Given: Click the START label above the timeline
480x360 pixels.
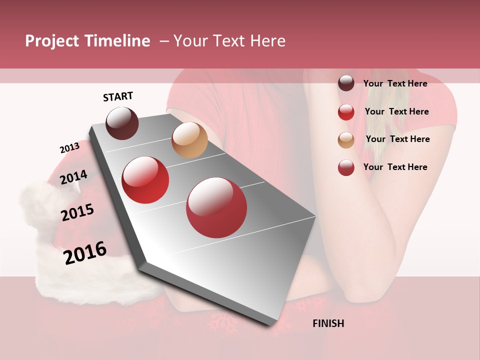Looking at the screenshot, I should pos(118,96).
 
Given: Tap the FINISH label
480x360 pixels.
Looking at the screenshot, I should pos(328,323).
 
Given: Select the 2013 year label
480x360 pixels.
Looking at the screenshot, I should pos(69,148).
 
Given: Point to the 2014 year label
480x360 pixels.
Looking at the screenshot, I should pos(74,177).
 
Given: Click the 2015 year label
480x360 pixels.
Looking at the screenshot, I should pos(77,212).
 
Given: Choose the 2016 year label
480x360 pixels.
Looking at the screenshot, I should pos(85,252).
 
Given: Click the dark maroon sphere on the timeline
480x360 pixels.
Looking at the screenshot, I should pos(122,123).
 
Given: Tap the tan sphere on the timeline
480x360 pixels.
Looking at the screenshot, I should pos(189,140).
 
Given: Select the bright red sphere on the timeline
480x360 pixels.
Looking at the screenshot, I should pos(145,180).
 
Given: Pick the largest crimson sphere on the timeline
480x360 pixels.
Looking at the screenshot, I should pos(216,207).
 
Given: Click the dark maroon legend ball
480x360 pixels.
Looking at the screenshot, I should pos(346,83).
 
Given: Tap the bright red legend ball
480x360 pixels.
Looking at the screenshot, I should pos(346,112).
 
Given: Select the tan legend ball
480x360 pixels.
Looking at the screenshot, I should pos(346,140).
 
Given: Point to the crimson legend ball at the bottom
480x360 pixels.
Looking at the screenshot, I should pos(346,167).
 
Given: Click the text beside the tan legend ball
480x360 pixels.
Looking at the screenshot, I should pos(397,139).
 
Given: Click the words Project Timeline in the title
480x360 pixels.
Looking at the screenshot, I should pos(87,41).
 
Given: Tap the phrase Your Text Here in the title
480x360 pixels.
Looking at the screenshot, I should pos(229,41).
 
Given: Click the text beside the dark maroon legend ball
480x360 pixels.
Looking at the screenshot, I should pos(395,83).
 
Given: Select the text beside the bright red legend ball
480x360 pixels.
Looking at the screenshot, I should pos(396,111).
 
